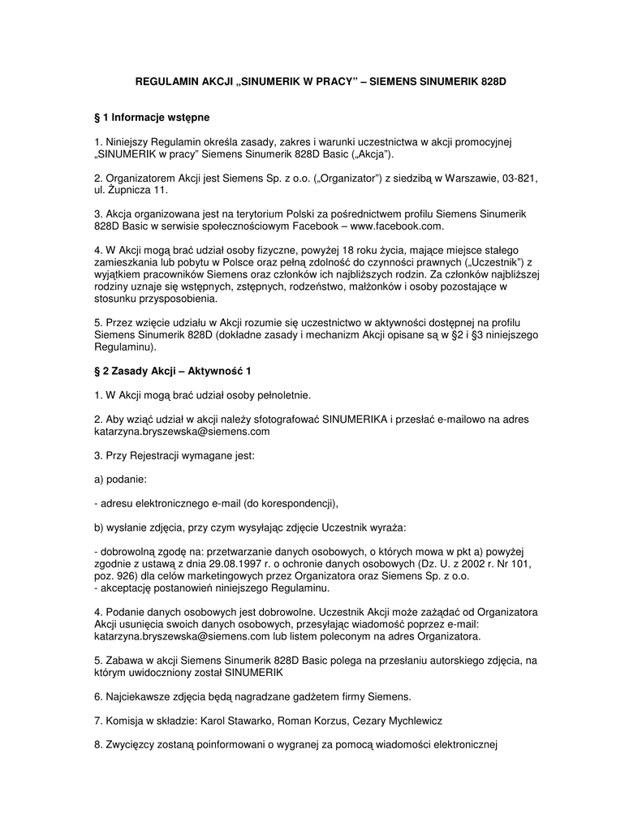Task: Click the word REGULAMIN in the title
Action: [162, 84]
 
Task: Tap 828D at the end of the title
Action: [493, 84]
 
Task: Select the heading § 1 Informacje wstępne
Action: [152, 118]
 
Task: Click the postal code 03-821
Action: [520, 178]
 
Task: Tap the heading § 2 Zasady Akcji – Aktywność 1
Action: [173, 371]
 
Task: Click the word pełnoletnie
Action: [281, 395]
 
